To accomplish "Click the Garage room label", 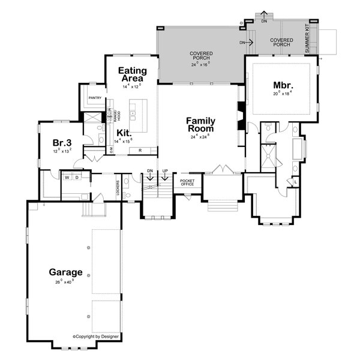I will (66, 272).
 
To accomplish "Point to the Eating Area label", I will (131, 74).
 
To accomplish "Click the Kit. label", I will (124, 132).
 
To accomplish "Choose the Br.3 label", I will (62, 143).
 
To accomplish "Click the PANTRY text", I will (94, 97).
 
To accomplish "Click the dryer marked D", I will (78, 178).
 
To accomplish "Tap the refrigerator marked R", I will (140, 149).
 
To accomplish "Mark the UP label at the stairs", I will (164, 171).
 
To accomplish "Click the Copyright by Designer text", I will (96, 337).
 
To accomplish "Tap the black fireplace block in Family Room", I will (241, 111).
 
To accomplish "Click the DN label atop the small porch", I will (264, 21).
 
